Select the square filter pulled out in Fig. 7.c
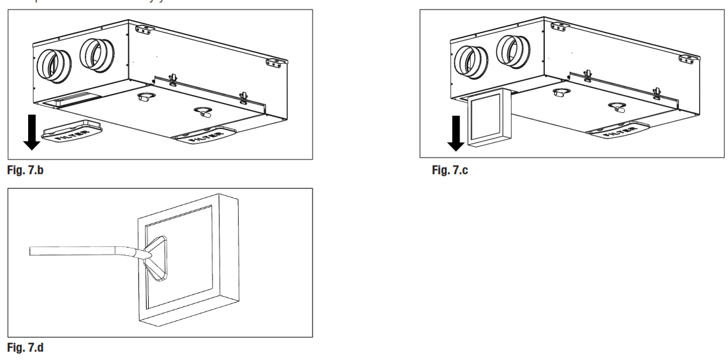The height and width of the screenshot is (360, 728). pyautogui.click(x=489, y=118)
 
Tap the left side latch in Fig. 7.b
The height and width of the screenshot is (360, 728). pyautogui.click(x=172, y=80)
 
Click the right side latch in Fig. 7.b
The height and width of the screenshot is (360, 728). pyautogui.click(x=242, y=98)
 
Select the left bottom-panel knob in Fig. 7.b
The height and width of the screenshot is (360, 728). pyautogui.click(x=145, y=97)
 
